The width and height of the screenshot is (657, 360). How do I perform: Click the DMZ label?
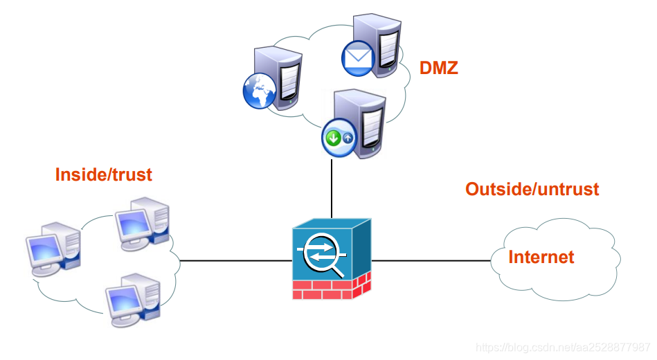tap(439, 68)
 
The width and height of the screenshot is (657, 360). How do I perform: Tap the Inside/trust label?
tap(103, 174)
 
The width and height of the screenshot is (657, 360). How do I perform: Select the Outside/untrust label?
tap(532, 188)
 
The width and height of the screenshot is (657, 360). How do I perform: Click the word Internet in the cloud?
tap(541, 258)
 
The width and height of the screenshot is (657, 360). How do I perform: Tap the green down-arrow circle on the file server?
tap(333, 137)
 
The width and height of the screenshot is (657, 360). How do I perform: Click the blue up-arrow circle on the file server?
tap(348, 138)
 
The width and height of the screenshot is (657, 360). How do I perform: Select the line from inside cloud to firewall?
tap(235, 261)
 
